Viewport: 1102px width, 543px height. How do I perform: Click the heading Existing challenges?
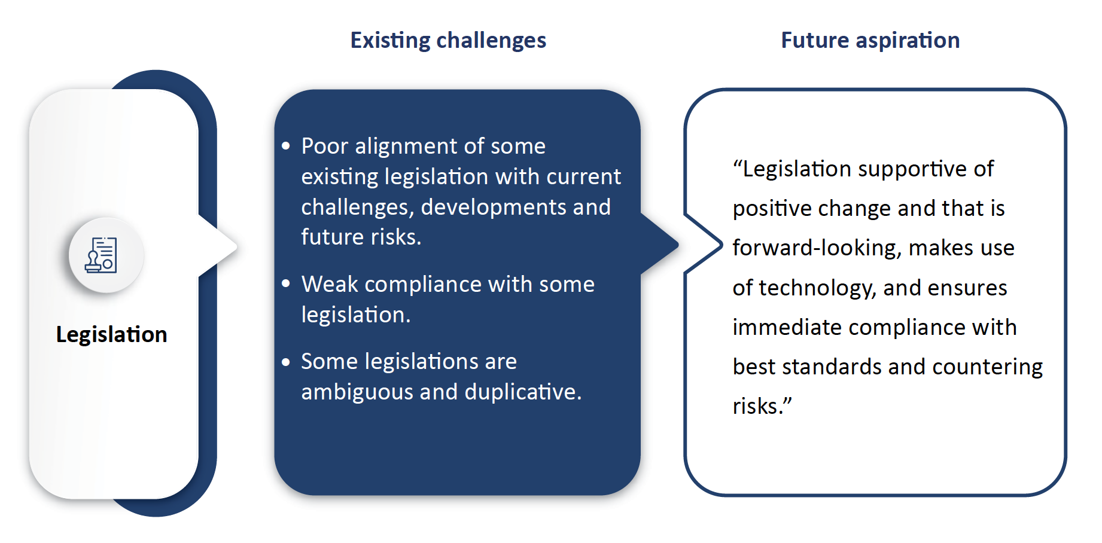pyautogui.click(x=448, y=41)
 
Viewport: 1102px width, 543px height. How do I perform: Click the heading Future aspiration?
pyautogui.click(x=870, y=41)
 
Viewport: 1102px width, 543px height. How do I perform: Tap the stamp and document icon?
pyautogui.click(x=101, y=255)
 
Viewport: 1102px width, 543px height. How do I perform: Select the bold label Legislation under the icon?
pyautogui.click(x=111, y=334)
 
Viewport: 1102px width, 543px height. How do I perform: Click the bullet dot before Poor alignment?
pyautogui.click(x=286, y=145)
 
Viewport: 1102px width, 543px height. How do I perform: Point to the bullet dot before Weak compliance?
pyautogui.click(x=286, y=283)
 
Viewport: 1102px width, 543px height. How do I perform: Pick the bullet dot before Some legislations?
pyautogui.click(x=286, y=361)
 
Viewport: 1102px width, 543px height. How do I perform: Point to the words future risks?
pyautogui.click(x=361, y=237)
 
